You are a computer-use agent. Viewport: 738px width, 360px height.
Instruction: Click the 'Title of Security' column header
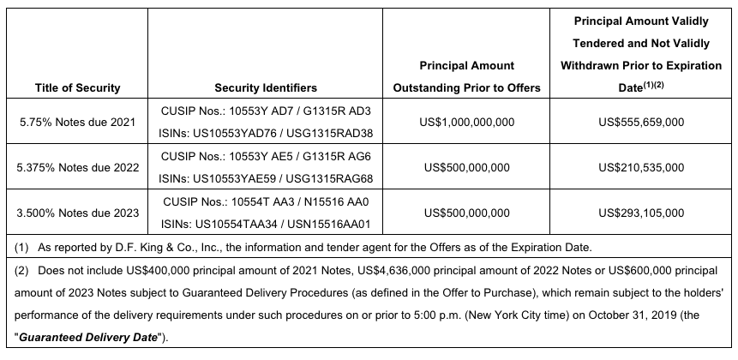click(x=77, y=87)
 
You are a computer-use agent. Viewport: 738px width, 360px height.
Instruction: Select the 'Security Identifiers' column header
click(x=265, y=87)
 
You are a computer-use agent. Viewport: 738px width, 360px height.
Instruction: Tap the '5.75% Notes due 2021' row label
click(x=77, y=123)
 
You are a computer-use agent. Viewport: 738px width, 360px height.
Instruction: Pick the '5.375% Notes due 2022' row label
click(x=77, y=167)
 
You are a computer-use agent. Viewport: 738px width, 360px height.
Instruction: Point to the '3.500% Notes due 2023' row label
click(x=77, y=212)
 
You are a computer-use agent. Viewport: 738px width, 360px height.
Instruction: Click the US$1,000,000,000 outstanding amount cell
click(x=466, y=123)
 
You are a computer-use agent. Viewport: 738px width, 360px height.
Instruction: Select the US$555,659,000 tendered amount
click(x=641, y=123)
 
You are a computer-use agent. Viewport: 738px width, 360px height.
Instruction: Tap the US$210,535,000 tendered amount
click(x=641, y=167)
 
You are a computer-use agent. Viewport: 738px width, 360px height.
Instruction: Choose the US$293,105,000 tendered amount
click(x=641, y=212)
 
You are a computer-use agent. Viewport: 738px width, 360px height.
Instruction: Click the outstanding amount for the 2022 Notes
click(x=466, y=167)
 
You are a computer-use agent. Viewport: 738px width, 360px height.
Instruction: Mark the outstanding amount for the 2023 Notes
click(x=466, y=212)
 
